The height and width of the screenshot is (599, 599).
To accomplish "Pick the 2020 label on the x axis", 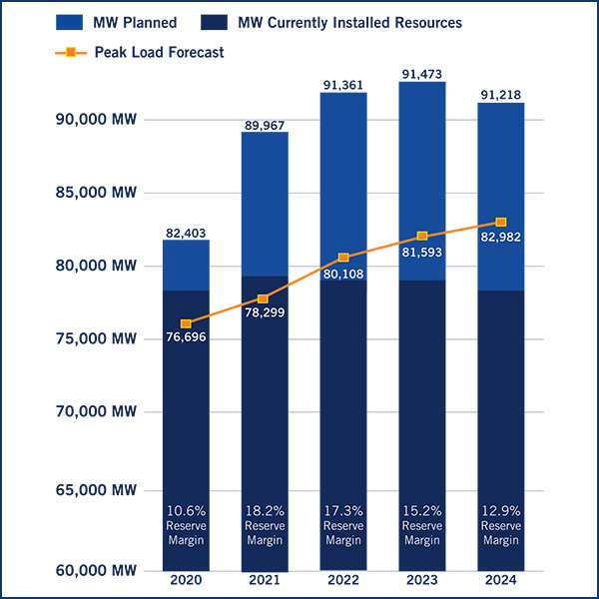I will point(186,579).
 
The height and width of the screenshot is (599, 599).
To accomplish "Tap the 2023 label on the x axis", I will point(422,579).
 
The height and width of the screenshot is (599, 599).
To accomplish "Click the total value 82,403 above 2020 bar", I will point(186,232).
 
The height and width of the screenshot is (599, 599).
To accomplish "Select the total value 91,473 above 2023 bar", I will point(422,74).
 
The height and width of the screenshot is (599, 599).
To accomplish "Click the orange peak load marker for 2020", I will point(186,323).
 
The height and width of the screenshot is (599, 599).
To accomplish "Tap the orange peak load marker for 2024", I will point(501,222).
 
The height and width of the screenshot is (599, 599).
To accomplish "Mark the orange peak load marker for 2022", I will point(343,258).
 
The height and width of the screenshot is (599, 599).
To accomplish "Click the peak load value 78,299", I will point(265,313).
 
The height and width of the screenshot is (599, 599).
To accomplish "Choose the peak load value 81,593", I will point(422,252).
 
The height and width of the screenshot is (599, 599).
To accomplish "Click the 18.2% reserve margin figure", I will point(265,510).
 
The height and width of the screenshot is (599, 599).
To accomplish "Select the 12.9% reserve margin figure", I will point(501,510).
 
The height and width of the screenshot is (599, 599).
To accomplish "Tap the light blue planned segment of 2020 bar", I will point(186,265).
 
